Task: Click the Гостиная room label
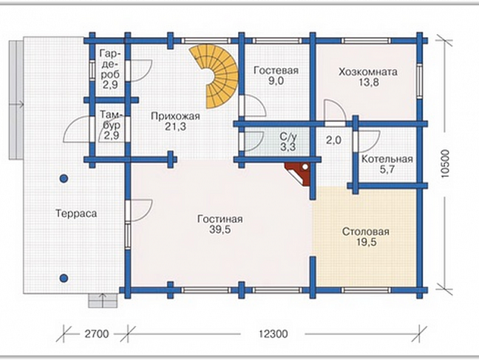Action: (x=220, y=219)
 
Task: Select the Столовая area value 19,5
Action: (x=366, y=242)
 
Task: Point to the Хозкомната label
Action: (x=368, y=72)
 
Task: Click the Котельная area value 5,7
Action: (x=387, y=169)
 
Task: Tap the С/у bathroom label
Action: (x=288, y=136)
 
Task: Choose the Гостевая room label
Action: (x=276, y=70)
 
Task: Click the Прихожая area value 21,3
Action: (x=175, y=126)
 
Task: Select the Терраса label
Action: (x=76, y=213)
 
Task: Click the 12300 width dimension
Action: (x=273, y=334)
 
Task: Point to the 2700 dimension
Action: (x=97, y=334)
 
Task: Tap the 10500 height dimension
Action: (x=446, y=163)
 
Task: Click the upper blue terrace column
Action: (x=63, y=178)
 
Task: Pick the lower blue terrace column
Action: (x=63, y=278)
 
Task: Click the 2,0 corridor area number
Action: (x=333, y=140)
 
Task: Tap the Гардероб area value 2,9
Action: (x=110, y=85)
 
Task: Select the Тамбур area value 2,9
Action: (x=112, y=135)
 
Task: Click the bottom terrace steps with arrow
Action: (x=103, y=300)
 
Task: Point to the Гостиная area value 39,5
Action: (x=220, y=229)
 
